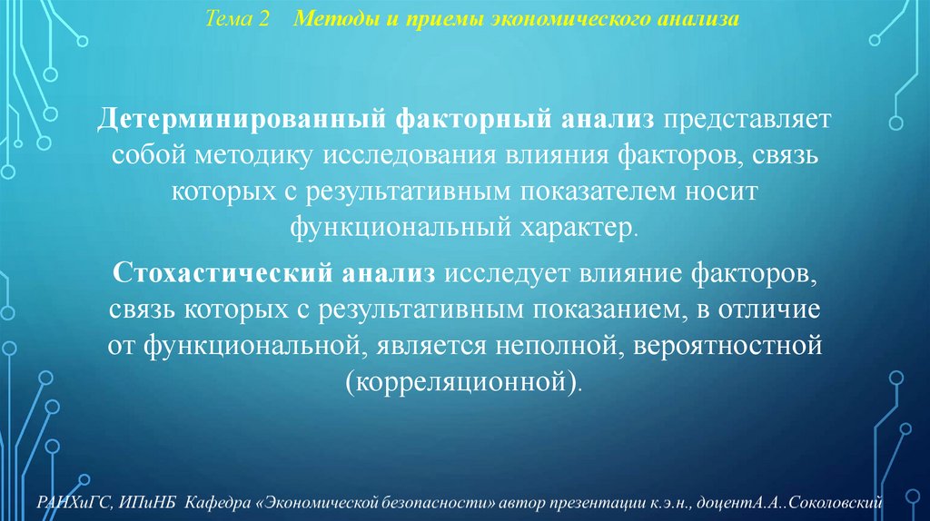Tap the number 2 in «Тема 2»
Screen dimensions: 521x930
click(264, 19)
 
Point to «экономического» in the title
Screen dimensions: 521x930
click(544, 19)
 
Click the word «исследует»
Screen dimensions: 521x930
click(496, 273)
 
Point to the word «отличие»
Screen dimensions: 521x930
click(773, 309)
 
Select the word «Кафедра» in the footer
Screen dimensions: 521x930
click(220, 502)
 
